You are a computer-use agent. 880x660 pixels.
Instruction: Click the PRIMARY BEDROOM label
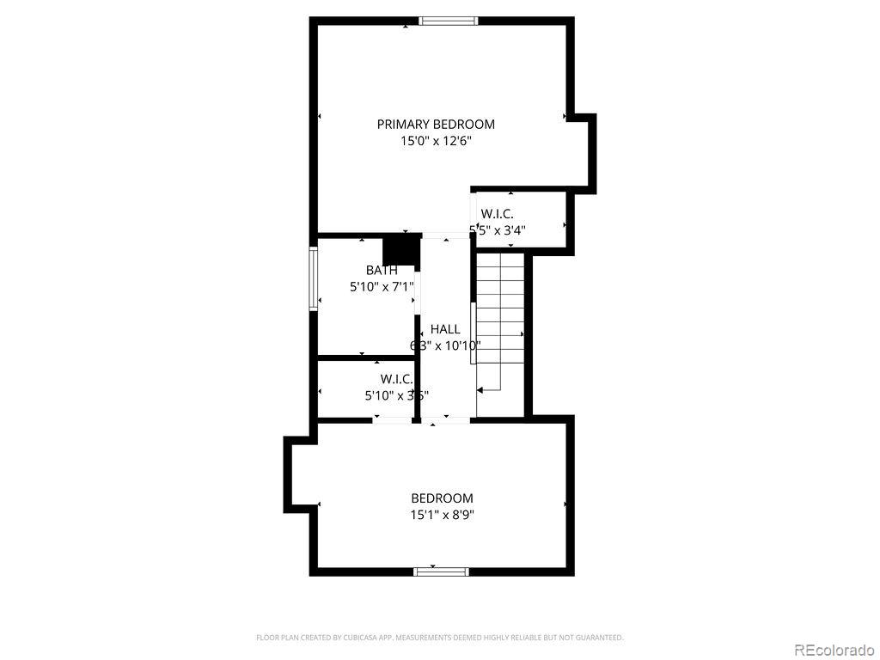436,124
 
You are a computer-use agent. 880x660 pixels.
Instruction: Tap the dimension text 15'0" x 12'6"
436,141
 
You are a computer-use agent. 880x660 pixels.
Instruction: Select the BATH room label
382,271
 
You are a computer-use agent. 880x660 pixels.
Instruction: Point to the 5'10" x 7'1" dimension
382,288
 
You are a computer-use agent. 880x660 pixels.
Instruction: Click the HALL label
445,329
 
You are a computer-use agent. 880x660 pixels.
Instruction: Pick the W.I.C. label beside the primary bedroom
498,213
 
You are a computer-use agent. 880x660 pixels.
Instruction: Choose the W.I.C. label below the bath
397,379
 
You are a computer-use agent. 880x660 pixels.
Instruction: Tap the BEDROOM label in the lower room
442,498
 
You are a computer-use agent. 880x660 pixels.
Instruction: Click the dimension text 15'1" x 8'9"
442,516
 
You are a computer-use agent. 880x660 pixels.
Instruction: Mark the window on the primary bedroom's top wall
448,21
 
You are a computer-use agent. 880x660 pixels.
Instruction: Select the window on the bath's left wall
314,278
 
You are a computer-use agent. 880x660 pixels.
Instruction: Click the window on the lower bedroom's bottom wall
441,571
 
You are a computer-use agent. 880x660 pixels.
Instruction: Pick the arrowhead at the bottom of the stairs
480,390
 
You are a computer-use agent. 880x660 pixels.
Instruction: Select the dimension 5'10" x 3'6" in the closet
397,396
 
